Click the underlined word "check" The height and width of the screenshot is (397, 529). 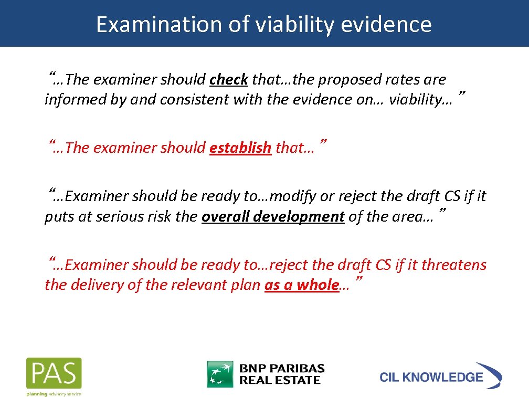(228, 80)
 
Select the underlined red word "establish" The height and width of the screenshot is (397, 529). (240, 148)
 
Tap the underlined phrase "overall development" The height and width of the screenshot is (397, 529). (273, 217)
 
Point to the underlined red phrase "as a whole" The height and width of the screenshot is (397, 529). (301, 285)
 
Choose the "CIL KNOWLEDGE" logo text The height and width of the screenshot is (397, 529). (431, 377)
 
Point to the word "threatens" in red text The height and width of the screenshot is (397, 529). (454, 265)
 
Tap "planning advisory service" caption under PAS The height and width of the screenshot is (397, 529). (54, 393)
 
